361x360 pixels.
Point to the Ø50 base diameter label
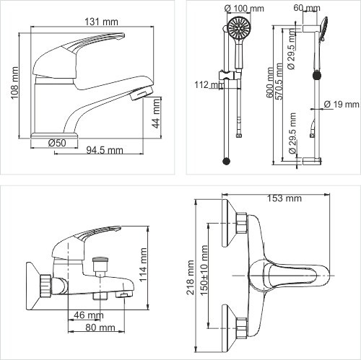click(57, 143)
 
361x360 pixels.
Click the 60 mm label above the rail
click(307, 8)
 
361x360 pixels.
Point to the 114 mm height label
click(143, 265)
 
